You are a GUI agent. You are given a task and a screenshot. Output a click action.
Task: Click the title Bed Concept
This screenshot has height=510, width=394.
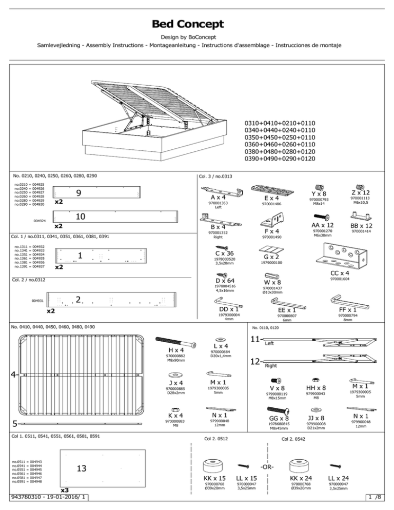coord(187,24)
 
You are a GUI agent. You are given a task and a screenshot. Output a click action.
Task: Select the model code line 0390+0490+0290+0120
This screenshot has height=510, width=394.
coord(280,159)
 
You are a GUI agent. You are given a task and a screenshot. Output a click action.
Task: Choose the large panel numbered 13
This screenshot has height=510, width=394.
coord(81,468)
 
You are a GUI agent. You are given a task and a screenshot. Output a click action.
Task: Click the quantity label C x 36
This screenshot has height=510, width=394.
coord(225,253)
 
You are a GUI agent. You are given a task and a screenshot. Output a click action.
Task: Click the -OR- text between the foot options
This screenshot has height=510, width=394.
coord(268,467)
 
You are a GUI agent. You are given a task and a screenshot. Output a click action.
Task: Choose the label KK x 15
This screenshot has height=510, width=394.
coord(215,478)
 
